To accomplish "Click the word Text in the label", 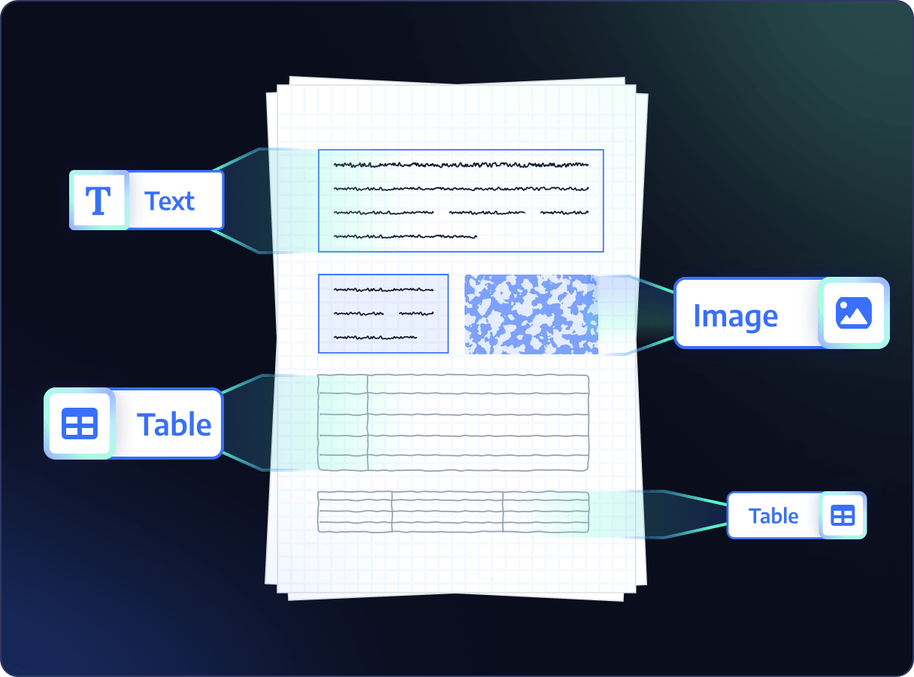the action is pyautogui.click(x=169, y=201).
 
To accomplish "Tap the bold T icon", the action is pyautogui.click(x=98, y=201).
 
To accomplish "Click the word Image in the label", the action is pyautogui.click(x=736, y=317).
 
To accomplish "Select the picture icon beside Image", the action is pyautogui.click(x=853, y=313).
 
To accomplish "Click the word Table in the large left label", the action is pyautogui.click(x=174, y=424).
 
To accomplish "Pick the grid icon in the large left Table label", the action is pyautogui.click(x=80, y=424).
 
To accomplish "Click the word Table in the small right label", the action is pyautogui.click(x=773, y=516).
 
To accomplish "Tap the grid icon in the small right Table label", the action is pyautogui.click(x=843, y=515).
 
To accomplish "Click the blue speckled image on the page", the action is pyautogui.click(x=531, y=314).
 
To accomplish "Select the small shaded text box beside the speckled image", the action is pyautogui.click(x=383, y=314).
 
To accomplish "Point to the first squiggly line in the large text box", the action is pyautogui.click(x=461, y=165).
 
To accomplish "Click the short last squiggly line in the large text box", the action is pyautogui.click(x=405, y=237).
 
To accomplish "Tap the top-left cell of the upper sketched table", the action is pyautogui.click(x=343, y=384).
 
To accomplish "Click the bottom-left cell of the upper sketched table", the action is pyautogui.click(x=343, y=463).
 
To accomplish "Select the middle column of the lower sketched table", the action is pyautogui.click(x=447, y=512).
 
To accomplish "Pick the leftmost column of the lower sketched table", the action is pyautogui.click(x=355, y=512).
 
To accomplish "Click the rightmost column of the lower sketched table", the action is pyautogui.click(x=546, y=512).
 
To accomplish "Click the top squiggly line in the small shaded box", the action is pyautogui.click(x=383, y=290).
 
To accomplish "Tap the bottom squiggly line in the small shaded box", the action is pyautogui.click(x=375, y=338).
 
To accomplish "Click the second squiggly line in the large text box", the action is pyautogui.click(x=461, y=189).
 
